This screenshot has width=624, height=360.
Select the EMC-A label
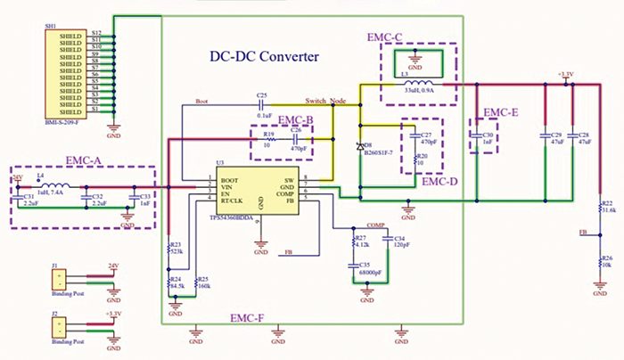[x=87, y=160]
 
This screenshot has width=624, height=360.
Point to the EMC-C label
[x=385, y=37]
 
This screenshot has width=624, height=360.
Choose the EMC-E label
[x=500, y=113]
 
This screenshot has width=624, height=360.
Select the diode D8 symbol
[x=360, y=146]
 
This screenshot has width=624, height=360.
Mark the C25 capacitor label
[x=261, y=94]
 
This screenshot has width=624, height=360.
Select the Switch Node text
[x=325, y=101]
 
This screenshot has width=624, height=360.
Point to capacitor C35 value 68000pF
[x=372, y=272]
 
